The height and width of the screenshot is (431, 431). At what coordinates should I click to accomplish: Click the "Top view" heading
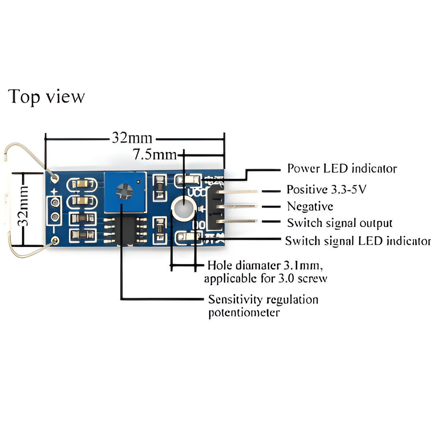pos(46,97)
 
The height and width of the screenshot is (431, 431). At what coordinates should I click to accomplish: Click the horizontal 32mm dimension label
pos(132,138)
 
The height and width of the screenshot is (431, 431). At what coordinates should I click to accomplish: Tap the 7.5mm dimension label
pos(155,154)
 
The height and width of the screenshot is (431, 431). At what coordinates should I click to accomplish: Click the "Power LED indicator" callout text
pos(342,168)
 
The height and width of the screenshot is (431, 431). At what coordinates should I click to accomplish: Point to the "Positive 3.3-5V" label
pos(326,189)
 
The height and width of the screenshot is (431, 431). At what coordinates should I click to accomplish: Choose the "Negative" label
pos(310,206)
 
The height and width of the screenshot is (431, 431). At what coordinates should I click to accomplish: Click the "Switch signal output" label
pos(339,223)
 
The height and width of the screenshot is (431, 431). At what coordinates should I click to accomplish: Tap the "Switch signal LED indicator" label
pos(358,241)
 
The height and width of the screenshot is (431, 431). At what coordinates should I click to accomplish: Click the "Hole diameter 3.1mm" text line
pos(265,265)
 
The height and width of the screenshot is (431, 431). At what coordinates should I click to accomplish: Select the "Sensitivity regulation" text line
pos(263,299)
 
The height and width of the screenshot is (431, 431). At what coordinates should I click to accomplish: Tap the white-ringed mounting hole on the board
pos(184,208)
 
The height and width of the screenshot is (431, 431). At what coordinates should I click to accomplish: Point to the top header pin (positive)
pos(239,192)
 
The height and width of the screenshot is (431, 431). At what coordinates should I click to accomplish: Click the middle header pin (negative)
pos(239,206)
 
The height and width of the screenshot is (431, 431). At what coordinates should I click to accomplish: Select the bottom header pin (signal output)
pos(239,221)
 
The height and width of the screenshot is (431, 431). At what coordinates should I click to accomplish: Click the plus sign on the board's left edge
pos(54,191)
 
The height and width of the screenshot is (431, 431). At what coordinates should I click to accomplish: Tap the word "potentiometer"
pos(244,312)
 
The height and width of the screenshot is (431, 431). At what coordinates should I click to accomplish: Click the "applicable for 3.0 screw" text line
pos(265,278)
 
